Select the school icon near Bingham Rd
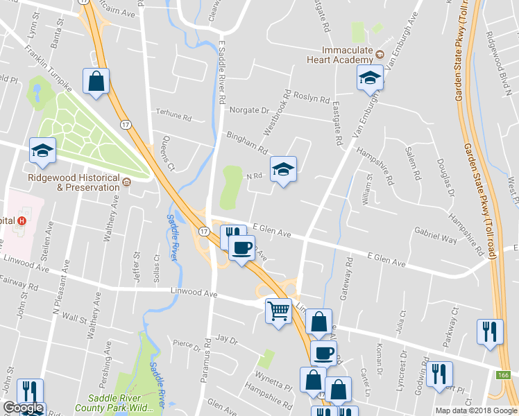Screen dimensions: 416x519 [282, 169]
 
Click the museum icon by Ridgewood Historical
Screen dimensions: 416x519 [126, 183]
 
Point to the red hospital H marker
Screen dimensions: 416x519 [22, 221]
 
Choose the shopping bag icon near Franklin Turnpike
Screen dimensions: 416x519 [96, 81]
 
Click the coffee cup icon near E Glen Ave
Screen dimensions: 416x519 [241, 247]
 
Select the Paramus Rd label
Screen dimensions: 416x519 [207, 361]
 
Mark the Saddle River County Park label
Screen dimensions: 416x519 [125, 403]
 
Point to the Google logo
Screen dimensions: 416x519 [23, 408]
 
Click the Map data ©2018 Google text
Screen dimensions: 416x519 [475, 410]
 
